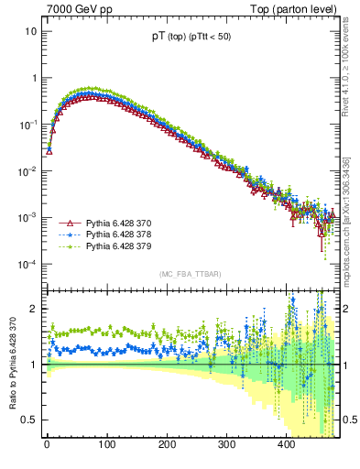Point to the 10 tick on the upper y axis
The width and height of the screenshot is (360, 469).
[31, 31]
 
